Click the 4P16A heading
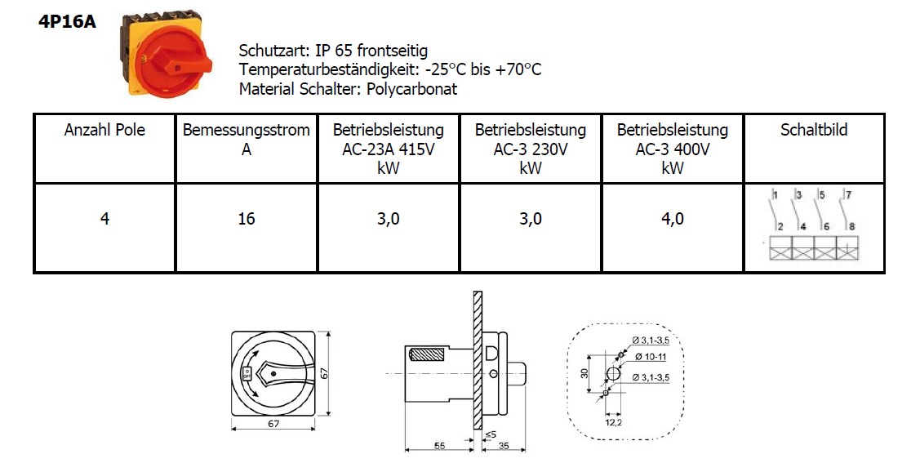67,22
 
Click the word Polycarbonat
411,89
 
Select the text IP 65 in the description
333,51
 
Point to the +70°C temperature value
518,69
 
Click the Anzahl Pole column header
104,130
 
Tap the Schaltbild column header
814,130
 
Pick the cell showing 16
247,219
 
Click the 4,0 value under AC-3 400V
673,219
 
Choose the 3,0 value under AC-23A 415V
389,219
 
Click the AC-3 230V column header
531,149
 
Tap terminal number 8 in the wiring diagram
852,226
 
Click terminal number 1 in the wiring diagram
775,195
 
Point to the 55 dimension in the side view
439,446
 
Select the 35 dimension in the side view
504,446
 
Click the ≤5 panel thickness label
491,434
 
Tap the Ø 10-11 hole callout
651,357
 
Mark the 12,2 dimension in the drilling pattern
613,422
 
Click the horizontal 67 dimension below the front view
273,423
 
